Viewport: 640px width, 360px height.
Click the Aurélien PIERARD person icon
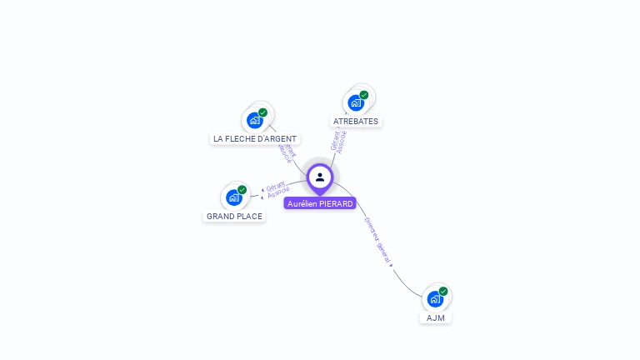coord(320,177)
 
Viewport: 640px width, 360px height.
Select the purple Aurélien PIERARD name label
coord(320,203)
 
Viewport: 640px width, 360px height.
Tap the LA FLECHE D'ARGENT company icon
coord(255,120)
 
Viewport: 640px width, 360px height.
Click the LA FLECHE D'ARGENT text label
coord(255,139)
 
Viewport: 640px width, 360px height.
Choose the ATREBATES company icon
coord(356,102)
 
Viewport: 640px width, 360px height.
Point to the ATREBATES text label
coord(356,121)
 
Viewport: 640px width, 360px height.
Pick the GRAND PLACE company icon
coord(234,197)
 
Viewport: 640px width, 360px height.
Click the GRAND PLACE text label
coord(234,217)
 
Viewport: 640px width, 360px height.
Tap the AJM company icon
coord(435,299)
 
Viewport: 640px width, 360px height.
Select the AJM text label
coord(435,317)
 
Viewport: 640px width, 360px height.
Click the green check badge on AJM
coord(443,292)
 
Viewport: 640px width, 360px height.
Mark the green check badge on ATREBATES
coord(364,95)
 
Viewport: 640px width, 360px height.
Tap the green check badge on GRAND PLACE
coord(242,190)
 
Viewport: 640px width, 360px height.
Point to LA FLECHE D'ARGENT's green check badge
coord(263,112)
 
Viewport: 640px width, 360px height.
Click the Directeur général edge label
coord(377,242)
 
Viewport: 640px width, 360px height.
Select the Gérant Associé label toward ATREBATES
coord(338,140)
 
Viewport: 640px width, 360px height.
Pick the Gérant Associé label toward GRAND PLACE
coord(277,189)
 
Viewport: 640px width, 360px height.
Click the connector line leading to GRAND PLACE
coord(257,196)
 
